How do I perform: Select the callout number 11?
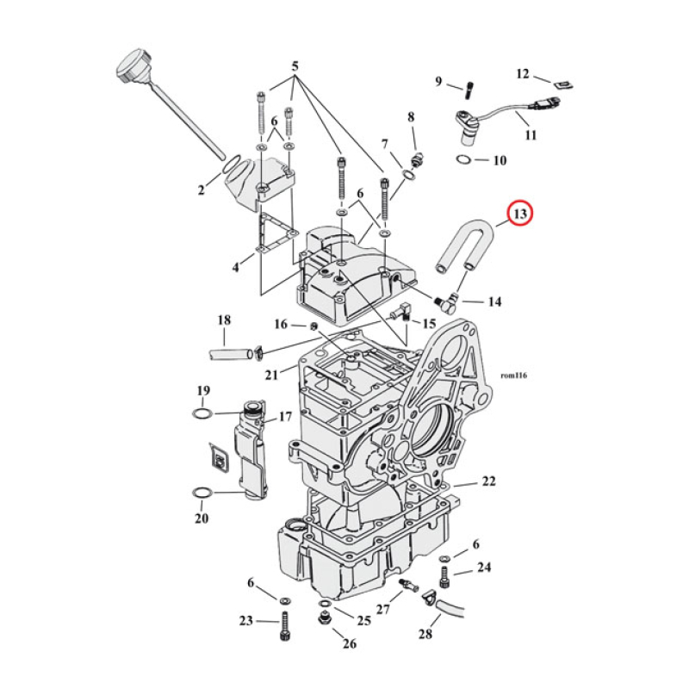coord(530,135)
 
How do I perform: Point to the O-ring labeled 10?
coord(462,160)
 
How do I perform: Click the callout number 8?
coord(411,116)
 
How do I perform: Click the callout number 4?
coord(235,268)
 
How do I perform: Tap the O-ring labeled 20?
coord(202,493)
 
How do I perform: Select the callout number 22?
coord(488,481)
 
